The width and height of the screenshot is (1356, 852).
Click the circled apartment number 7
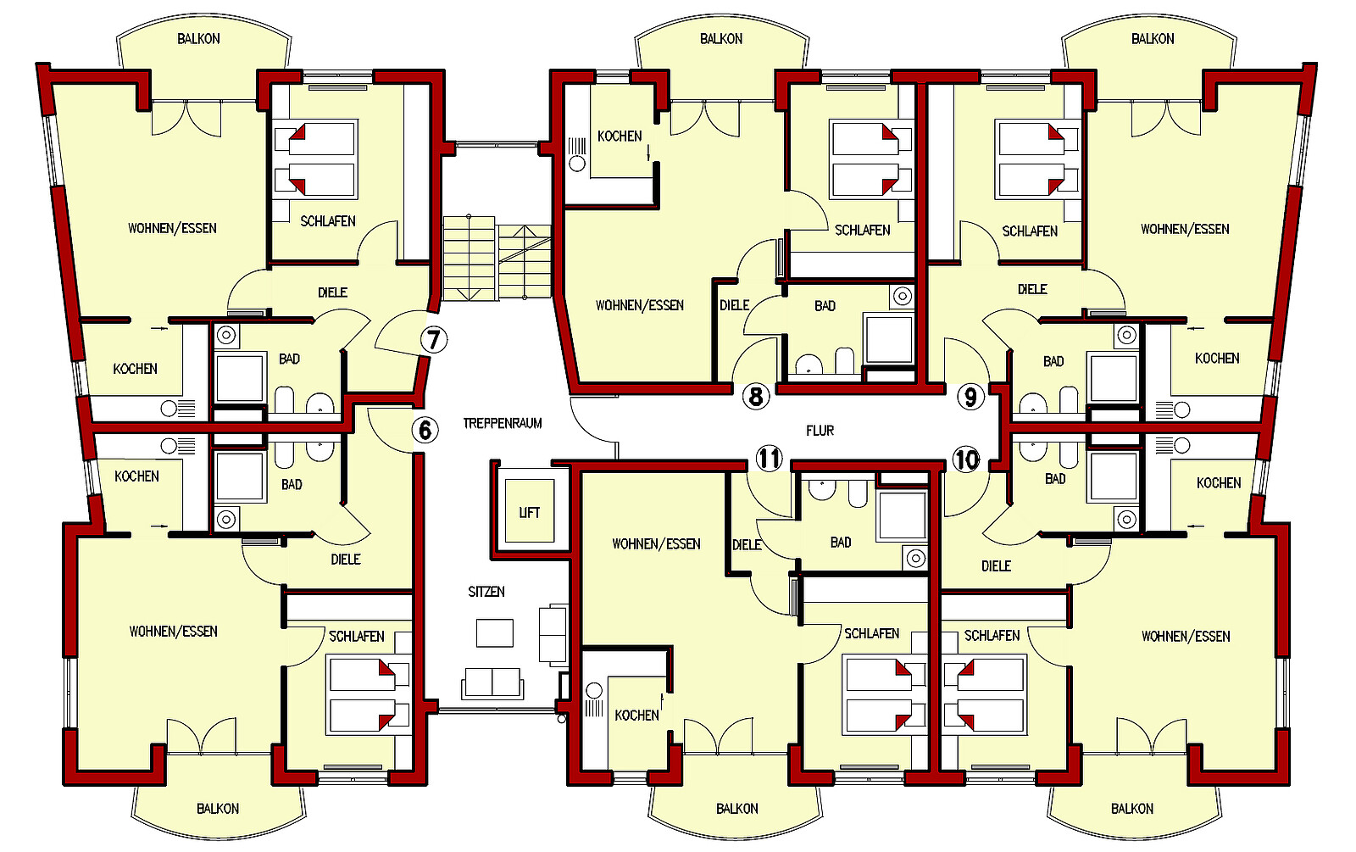pyautogui.click(x=433, y=340)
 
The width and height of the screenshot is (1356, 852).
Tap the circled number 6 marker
pyautogui.click(x=425, y=430)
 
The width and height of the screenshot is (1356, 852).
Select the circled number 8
pyautogui.click(x=755, y=397)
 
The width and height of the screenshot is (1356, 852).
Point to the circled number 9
pyautogui.click(x=970, y=398)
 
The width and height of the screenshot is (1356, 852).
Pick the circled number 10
pyautogui.click(x=966, y=459)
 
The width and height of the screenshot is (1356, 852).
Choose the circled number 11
pyautogui.click(x=770, y=458)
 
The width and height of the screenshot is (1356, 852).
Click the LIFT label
pyautogui.click(x=529, y=513)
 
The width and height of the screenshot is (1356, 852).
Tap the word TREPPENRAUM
pyautogui.click(x=503, y=423)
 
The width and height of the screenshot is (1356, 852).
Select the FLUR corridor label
pyautogui.click(x=820, y=431)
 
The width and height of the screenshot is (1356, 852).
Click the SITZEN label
pyautogui.click(x=486, y=592)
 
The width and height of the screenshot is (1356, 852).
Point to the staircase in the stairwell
pyautogui.click(x=497, y=259)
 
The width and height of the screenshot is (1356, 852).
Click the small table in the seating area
pyautogui.click(x=495, y=632)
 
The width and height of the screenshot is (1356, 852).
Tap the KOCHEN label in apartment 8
pyautogui.click(x=620, y=136)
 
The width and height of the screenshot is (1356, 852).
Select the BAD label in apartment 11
pyautogui.click(x=841, y=543)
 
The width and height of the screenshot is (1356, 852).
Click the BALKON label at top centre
pyautogui.click(x=721, y=39)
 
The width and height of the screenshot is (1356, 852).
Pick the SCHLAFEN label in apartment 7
pyautogui.click(x=327, y=221)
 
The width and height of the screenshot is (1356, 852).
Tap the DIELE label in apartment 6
pyautogui.click(x=346, y=559)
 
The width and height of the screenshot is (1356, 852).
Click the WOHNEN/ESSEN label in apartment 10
pyautogui.click(x=1186, y=637)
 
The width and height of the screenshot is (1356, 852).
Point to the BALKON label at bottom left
pyautogui.click(x=217, y=809)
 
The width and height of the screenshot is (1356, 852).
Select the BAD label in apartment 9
pyautogui.click(x=1053, y=361)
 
